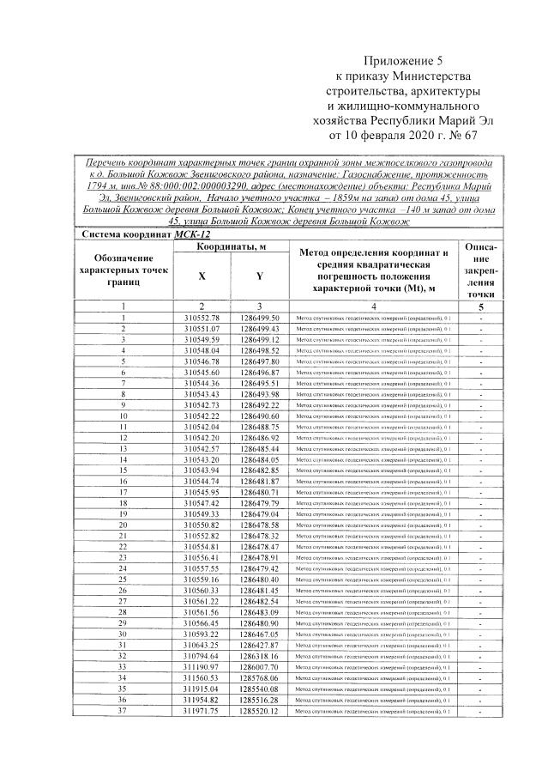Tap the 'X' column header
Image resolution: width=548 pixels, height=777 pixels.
202,276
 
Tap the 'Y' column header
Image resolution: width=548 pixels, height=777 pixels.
260,276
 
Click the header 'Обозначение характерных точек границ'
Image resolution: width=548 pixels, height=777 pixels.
123,270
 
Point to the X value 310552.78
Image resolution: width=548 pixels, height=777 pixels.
202,318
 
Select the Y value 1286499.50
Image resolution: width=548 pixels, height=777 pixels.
260,318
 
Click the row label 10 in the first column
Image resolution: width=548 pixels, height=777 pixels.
123,416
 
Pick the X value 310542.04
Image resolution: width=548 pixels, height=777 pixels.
202,427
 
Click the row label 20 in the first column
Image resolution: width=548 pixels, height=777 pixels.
123,525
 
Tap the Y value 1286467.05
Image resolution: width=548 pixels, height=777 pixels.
260,634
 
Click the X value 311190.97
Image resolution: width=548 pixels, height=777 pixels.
202,666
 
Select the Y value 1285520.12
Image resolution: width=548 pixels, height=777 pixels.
260,710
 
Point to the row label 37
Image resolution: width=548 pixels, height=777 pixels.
123,710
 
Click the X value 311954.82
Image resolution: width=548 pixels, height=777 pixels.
202,699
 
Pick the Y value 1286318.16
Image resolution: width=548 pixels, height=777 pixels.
260,656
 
